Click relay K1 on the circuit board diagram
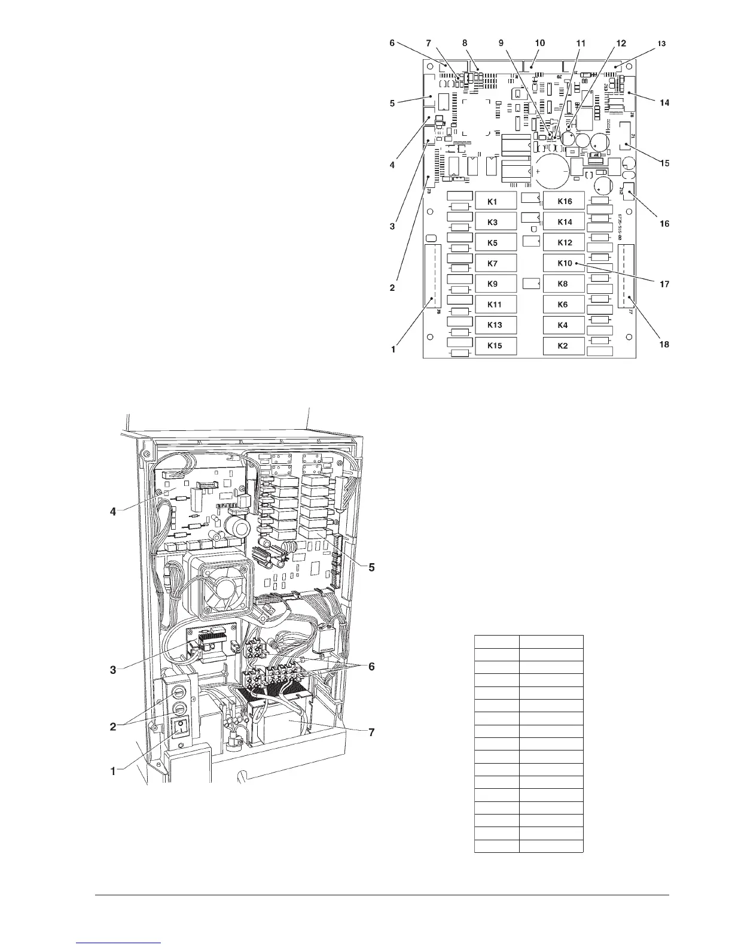(495, 202)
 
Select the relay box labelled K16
(564, 202)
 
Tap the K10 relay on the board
(564, 263)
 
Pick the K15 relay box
(495, 346)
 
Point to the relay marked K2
(564, 346)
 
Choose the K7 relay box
(495, 263)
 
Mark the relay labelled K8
(564, 284)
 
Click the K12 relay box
(564, 243)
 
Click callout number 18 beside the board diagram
(664, 344)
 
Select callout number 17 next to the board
(664, 285)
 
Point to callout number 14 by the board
(664, 102)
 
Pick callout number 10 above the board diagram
(539, 43)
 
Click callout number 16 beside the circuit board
(664, 224)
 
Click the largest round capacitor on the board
(551, 171)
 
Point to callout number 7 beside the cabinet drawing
(371, 732)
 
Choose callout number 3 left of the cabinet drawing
(113, 669)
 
